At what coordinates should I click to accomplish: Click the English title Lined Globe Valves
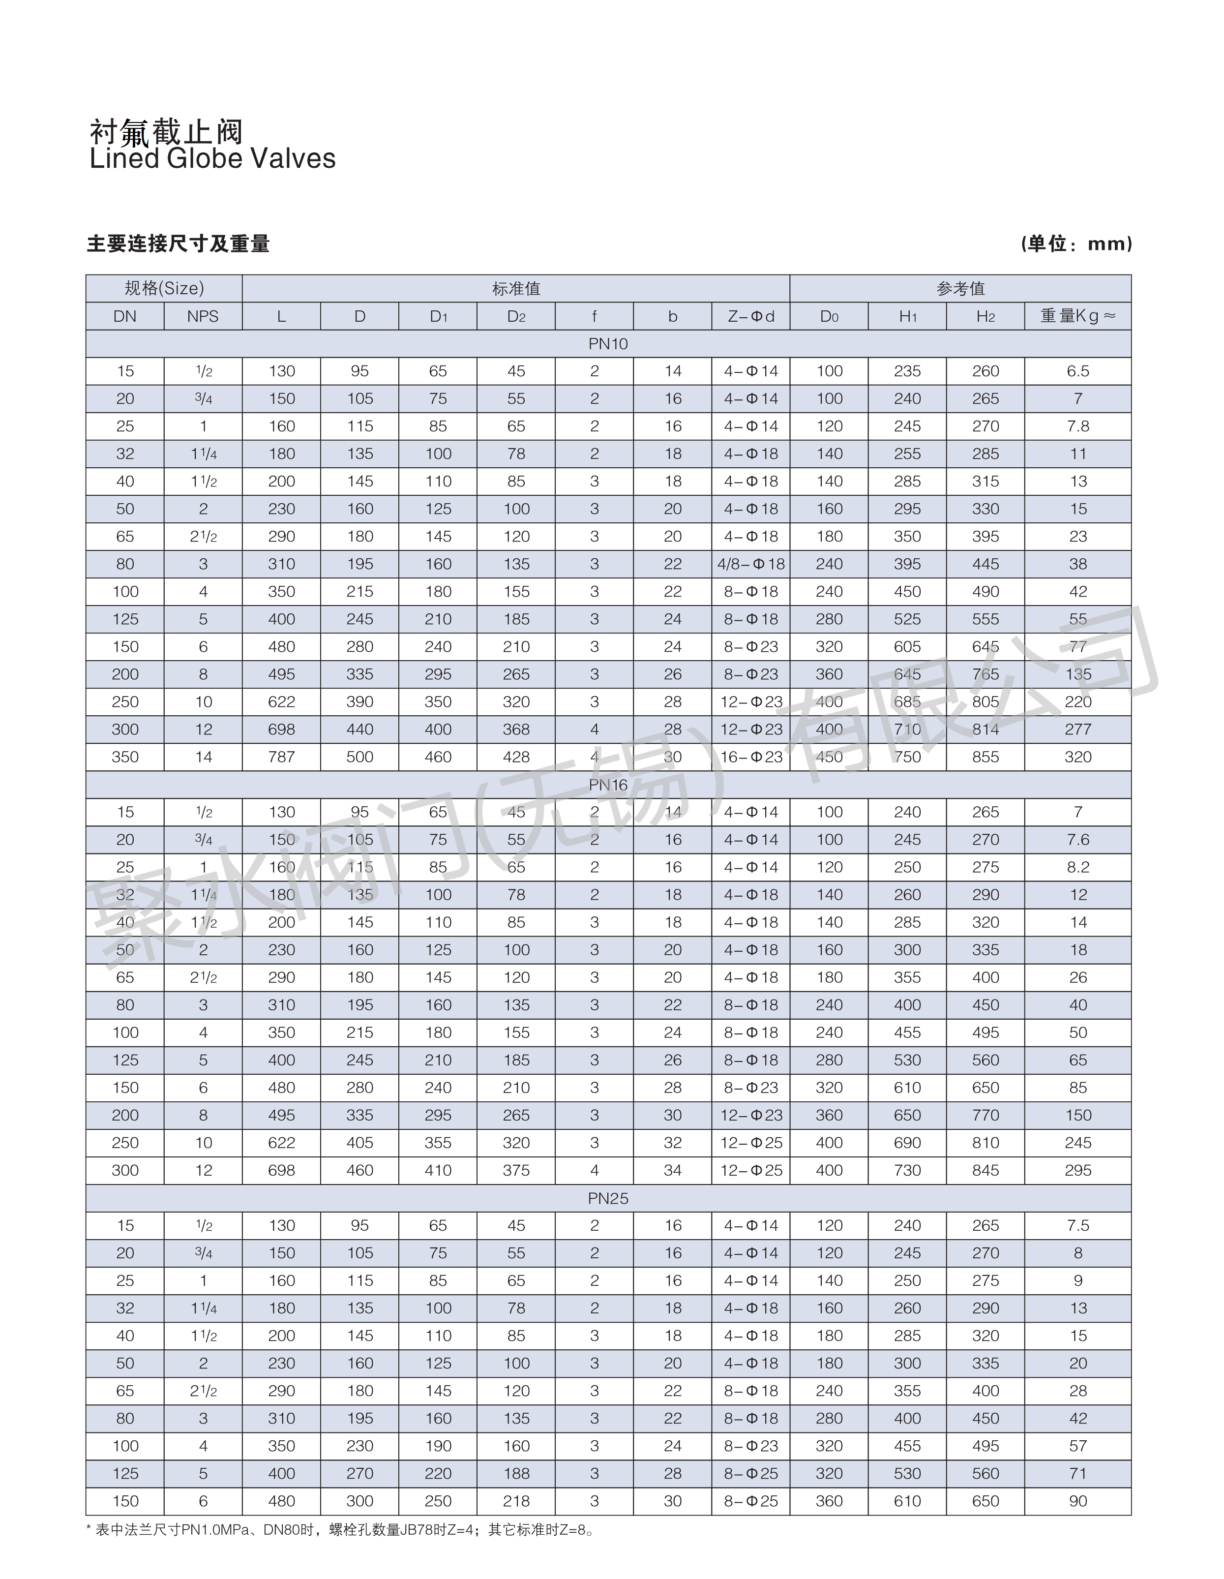point(212,159)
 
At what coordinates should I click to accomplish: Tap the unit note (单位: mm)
point(1076,243)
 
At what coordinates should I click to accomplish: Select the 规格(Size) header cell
point(164,288)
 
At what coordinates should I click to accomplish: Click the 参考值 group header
point(960,288)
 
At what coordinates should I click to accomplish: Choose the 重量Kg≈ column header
point(1077,316)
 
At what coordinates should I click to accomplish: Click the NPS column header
point(203,316)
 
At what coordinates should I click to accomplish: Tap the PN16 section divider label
point(608,785)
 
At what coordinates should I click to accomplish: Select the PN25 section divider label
point(608,1198)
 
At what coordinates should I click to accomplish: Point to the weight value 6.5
point(1077,371)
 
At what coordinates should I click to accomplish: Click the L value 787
point(281,757)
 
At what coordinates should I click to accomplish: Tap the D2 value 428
point(516,757)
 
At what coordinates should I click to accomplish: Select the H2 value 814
point(985,729)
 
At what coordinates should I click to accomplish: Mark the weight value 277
point(1077,729)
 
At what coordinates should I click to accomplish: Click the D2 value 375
point(516,1171)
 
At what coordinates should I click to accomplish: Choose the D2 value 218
point(516,1501)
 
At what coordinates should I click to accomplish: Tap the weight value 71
point(1077,1473)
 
